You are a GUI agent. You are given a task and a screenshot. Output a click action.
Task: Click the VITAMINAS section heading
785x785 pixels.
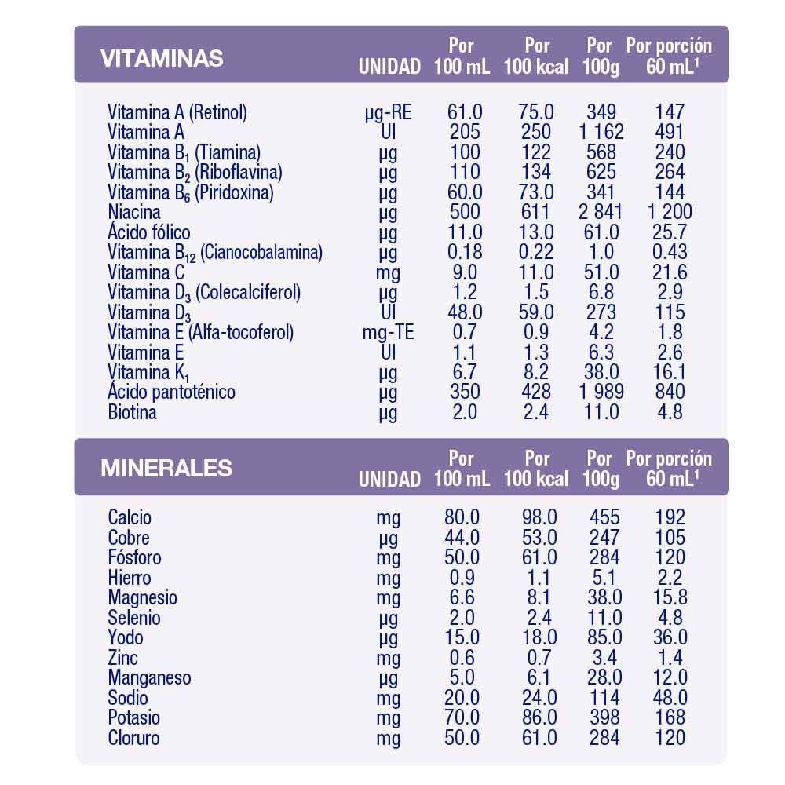[162, 58]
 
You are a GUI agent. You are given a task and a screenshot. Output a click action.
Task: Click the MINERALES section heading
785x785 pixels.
[166, 468]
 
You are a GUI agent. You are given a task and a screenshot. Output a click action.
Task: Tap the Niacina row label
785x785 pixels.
[134, 212]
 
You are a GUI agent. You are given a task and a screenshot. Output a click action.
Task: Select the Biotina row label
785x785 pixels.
[132, 412]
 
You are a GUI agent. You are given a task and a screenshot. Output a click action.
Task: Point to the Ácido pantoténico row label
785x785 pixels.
[171, 392]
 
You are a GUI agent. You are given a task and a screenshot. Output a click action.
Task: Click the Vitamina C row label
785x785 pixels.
[146, 272]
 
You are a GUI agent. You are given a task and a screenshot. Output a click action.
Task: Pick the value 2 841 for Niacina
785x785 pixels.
[601, 212]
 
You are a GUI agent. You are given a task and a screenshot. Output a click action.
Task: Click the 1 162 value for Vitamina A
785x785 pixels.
[601, 132]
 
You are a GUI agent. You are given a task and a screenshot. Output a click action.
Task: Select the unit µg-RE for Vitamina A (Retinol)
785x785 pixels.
[388, 112]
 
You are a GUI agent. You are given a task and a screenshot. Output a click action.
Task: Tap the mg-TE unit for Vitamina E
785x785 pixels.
[388, 332]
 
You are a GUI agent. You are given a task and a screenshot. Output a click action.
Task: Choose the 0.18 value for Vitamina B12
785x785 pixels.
[465, 252]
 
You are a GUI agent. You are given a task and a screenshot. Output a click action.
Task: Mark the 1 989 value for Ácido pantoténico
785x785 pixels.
[601, 392]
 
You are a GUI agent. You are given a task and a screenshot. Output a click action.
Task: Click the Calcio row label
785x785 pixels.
[130, 517]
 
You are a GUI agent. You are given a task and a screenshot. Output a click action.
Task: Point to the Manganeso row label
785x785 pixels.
[149, 677]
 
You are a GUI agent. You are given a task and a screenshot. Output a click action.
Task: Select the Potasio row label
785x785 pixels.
[134, 717]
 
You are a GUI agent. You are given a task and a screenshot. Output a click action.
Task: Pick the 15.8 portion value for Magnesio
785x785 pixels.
[670, 597]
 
